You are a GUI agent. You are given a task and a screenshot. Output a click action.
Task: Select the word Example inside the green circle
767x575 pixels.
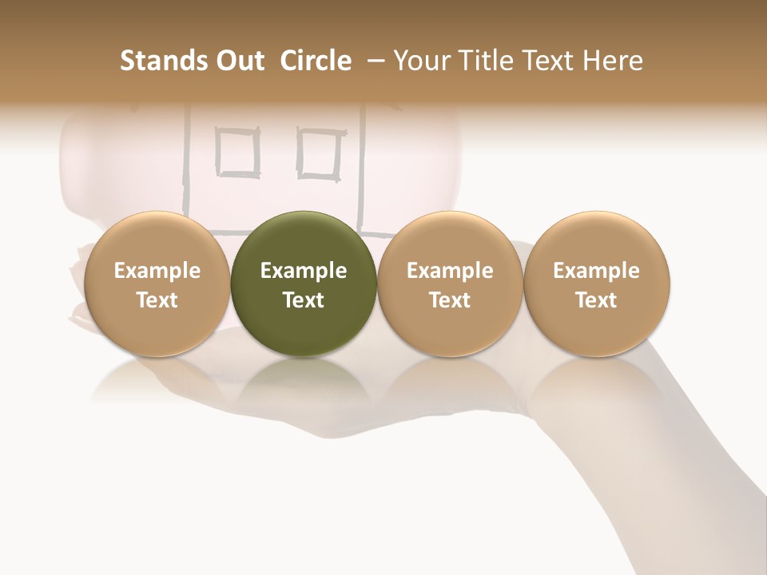click(304, 271)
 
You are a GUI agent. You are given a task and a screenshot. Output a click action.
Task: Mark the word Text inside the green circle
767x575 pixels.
click(304, 300)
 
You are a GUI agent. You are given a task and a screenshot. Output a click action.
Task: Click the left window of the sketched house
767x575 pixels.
click(238, 152)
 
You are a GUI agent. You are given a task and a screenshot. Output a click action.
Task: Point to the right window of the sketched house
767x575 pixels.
click(320, 152)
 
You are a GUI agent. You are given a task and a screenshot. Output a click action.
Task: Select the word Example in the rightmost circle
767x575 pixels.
click(597, 271)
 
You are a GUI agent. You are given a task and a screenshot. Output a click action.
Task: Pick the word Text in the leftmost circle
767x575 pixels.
click(157, 300)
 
